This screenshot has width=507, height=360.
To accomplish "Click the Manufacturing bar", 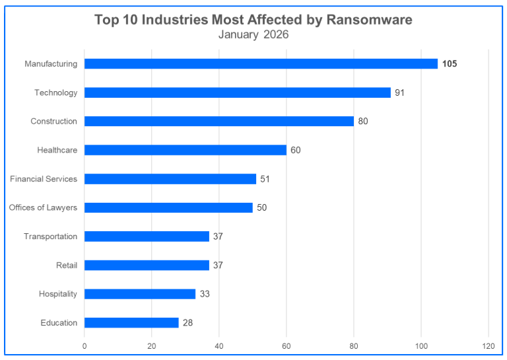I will (261, 64).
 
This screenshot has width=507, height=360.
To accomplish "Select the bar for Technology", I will (238, 92).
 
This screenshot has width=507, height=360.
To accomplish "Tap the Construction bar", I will (219, 122).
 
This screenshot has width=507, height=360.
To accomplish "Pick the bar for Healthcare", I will (186, 150).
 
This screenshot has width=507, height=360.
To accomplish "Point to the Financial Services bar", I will (170, 179).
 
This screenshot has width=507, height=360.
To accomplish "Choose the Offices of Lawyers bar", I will (168, 207).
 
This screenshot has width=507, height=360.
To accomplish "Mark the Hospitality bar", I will (140, 294).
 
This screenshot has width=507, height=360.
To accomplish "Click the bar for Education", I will (131, 322).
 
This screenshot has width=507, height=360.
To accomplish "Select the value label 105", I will (450, 64).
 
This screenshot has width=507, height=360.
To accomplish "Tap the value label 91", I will (399, 92).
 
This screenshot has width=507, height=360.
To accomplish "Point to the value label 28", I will (187, 322).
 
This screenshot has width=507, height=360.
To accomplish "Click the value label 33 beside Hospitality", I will (205, 294).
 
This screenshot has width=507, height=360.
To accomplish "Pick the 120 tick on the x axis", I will (489, 345).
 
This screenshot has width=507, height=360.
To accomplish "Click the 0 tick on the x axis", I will (84, 345).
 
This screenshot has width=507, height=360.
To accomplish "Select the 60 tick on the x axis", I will (287, 345).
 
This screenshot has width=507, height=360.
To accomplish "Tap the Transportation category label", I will (50, 236).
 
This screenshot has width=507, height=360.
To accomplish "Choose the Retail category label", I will (67, 265).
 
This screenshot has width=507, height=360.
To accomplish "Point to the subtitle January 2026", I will (253, 34).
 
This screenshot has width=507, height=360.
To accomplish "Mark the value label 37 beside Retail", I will (218, 265).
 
